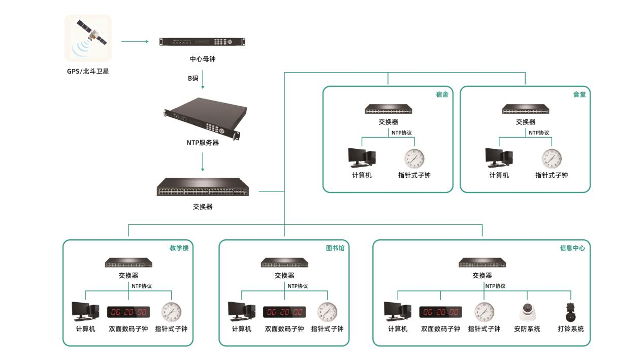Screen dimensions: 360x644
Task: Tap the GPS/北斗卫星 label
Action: coord(88,71)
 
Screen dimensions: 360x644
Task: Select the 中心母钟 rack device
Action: coord(203,42)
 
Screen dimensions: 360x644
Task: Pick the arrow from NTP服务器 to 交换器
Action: coord(203,161)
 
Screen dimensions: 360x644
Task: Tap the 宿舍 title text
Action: coord(442,94)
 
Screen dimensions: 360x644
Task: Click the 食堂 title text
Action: coord(579,94)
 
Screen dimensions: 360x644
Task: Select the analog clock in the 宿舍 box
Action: coord(414,158)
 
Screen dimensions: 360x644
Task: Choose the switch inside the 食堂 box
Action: coord(525,110)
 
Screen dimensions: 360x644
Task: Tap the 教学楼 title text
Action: coord(179,248)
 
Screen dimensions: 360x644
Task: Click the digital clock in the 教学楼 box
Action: coord(128,312)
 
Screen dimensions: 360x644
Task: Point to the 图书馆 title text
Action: coord(335,248)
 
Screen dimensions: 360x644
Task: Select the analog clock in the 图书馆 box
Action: coord(327,312)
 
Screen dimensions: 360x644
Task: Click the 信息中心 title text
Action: coord(572,248)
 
